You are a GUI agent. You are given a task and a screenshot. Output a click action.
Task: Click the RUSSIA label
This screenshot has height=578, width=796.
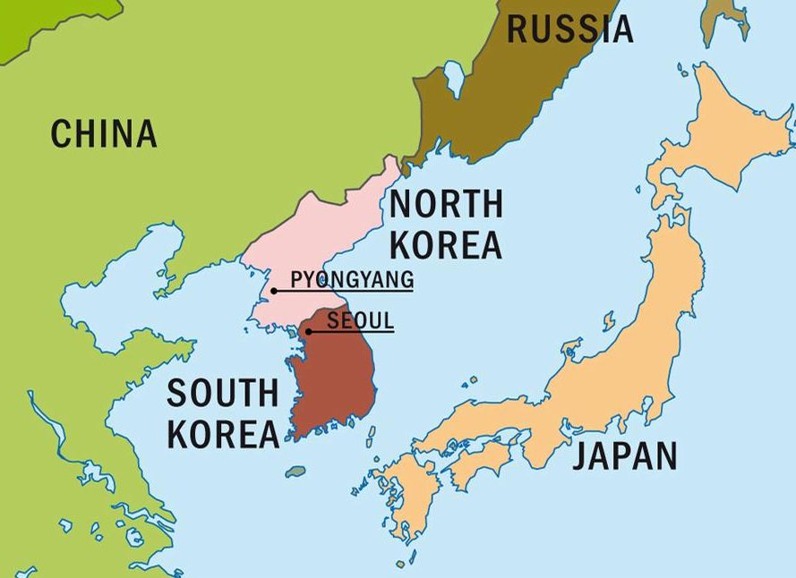[569, 29]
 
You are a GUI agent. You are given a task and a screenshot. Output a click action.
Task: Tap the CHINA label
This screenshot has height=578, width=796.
[104, 134]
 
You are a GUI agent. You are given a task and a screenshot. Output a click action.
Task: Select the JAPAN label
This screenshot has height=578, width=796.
[625, 455]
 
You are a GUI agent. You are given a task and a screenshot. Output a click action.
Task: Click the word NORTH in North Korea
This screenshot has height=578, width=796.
[445, 205]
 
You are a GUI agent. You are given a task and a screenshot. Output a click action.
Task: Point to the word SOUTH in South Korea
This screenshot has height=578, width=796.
[223, 394]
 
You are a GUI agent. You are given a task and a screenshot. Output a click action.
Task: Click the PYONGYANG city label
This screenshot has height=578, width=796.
[352, 279]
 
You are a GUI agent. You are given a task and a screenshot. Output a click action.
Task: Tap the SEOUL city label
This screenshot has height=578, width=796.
[360, 319]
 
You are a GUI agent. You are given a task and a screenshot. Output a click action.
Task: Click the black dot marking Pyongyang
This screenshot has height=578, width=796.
[274, 291]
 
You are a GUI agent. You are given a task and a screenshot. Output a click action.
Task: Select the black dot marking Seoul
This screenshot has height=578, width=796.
[309, 332]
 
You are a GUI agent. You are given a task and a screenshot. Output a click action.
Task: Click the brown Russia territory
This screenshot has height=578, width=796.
[501, 98]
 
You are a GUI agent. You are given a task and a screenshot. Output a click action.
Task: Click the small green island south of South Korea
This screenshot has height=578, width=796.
[295, 471]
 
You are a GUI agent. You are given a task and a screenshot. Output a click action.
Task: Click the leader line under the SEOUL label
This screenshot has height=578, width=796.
[358, 332]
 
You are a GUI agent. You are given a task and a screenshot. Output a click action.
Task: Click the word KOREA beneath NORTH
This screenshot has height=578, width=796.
[445, 243]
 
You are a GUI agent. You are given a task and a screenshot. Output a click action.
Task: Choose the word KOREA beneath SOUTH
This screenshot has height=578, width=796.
[223, 433]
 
